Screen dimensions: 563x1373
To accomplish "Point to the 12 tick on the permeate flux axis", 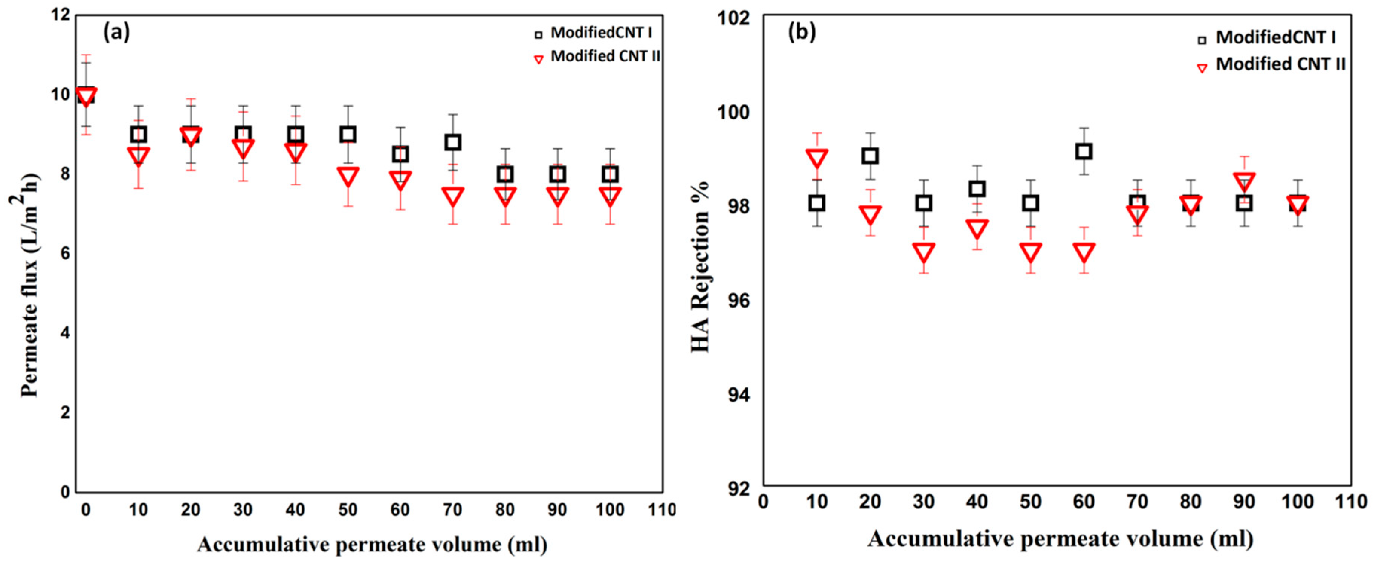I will [x=61, y=15].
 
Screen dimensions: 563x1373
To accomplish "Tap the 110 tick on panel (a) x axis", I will [x=661, y=510].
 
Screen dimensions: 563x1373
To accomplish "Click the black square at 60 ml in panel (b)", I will [x=1084, y=151].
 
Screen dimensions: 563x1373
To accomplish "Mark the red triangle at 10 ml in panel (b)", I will [x=817, y=158].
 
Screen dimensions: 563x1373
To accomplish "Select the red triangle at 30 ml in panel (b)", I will [x=924, y=252].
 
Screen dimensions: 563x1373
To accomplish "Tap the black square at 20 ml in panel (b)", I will [x=870, y=156].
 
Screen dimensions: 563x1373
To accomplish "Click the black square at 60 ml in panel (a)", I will [x=400, y=155].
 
